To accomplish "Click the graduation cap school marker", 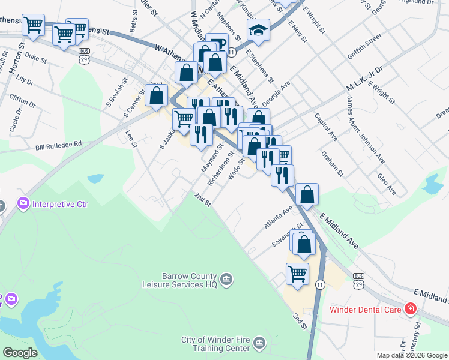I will pos(258,29).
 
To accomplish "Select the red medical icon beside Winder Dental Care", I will pos(411,310).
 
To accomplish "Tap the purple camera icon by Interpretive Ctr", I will pos(23,204).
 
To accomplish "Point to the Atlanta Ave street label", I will pos(278,218).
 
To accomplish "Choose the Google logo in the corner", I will pos(20,353).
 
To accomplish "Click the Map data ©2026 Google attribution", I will pos(411,355).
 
